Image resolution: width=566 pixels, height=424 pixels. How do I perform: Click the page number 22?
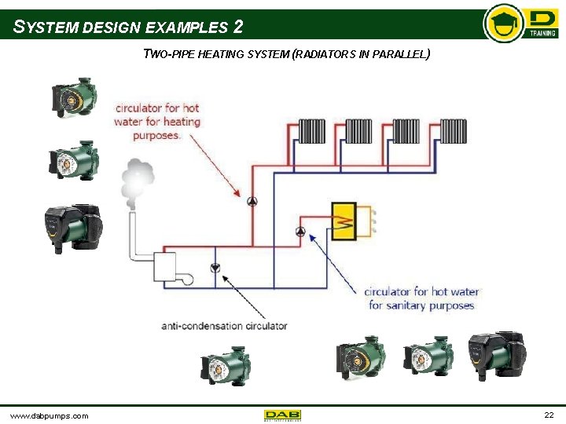pyautogui.click(x=549, y=414)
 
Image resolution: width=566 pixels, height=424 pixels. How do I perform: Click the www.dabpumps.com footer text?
pyautogui.click(x=49, y=415)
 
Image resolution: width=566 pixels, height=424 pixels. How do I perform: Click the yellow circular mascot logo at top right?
pyautogui.click(x=503, y=23)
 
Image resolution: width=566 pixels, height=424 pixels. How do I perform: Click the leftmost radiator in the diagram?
pyautogui.click(x=311, y=130)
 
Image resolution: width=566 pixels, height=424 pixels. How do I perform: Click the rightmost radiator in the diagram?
pyautogui.click(x=454, y=130)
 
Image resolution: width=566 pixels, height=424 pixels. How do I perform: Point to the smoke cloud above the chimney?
pyautogui.click(x=137, y=178)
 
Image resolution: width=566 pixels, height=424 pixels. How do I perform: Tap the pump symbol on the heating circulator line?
pyautogui.click(x=252, y=202)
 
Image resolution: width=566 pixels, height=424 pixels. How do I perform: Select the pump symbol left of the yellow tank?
pyautogui.click(x=301, y=232)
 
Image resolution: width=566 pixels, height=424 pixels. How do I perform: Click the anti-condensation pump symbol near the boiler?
pyautogui.click(x=215, y=269)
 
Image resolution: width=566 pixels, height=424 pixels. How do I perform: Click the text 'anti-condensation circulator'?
pyautogui.click(x=224, y=325)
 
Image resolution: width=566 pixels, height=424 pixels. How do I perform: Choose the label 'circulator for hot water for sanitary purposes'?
pyautogui.click(x=421, y=298)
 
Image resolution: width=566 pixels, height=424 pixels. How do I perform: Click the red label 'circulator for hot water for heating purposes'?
pyautogui.click(x=157, y=122)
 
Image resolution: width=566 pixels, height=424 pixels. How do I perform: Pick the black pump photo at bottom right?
pyautogui.click(x=495, y=353)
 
